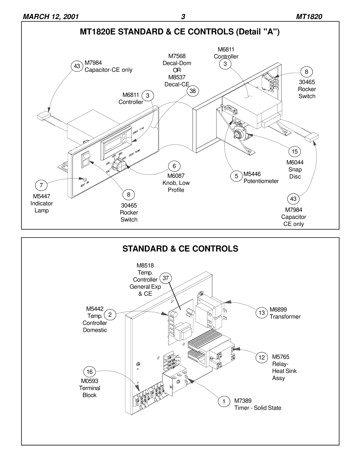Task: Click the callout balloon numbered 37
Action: point(167,278)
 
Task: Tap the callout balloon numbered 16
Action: point(90,372)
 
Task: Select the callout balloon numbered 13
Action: point(262,313)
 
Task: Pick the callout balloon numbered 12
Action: point(262,358)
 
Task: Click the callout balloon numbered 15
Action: point(295,151)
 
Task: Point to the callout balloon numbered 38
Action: point(193,91)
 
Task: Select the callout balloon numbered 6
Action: point(174,166)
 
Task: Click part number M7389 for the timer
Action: point(243,401)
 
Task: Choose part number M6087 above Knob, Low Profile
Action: point(176,175)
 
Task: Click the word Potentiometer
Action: point(261,181)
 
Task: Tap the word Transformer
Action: point(285,317)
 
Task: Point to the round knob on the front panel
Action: point(118,164)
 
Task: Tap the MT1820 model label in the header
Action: point(309,17)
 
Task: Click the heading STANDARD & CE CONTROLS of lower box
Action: point(180,249)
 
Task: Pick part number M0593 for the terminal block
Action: point(89,381)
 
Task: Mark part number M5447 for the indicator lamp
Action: point(41,196)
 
